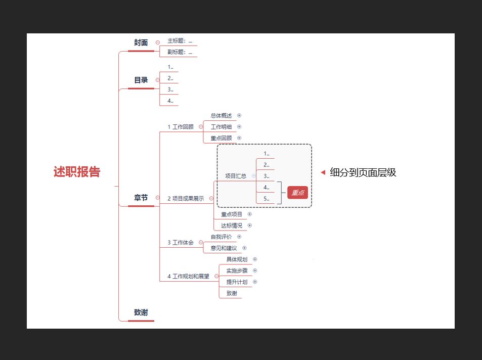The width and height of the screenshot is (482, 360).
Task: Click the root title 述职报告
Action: coord(77,172)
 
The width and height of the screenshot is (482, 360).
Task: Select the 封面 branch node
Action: coord(141,43)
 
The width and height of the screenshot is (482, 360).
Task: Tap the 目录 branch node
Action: coord(141,80)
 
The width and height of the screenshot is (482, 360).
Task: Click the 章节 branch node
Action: coord(141,198)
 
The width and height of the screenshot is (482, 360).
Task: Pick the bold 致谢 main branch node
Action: coord(141,312)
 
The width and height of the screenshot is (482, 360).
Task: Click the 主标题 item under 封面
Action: coord(180,40)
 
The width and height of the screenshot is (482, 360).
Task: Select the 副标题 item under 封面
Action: coord(180,52)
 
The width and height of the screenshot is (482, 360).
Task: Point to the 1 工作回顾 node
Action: coord(181,127)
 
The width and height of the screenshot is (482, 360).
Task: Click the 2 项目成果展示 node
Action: coord(186,199)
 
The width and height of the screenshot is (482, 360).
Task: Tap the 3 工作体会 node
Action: coord(181,243)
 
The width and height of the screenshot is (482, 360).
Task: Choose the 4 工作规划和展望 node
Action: coord(188,277)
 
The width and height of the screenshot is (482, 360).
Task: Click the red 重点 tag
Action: coord(297,193)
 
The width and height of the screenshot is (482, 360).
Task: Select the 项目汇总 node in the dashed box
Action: coord(236,176)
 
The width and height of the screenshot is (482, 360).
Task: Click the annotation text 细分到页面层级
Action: coord(363,172)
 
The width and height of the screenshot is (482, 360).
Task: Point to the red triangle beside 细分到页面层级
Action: coord(323,172)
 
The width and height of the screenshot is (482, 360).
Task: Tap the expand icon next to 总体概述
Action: coord(239,115)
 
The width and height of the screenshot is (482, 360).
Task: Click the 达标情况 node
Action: coord(232,226)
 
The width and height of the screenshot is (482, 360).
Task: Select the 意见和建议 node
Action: coord(224,248)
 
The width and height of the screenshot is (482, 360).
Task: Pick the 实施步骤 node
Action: coord(237,271)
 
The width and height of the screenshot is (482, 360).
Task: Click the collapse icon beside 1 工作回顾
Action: coord(201,127)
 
